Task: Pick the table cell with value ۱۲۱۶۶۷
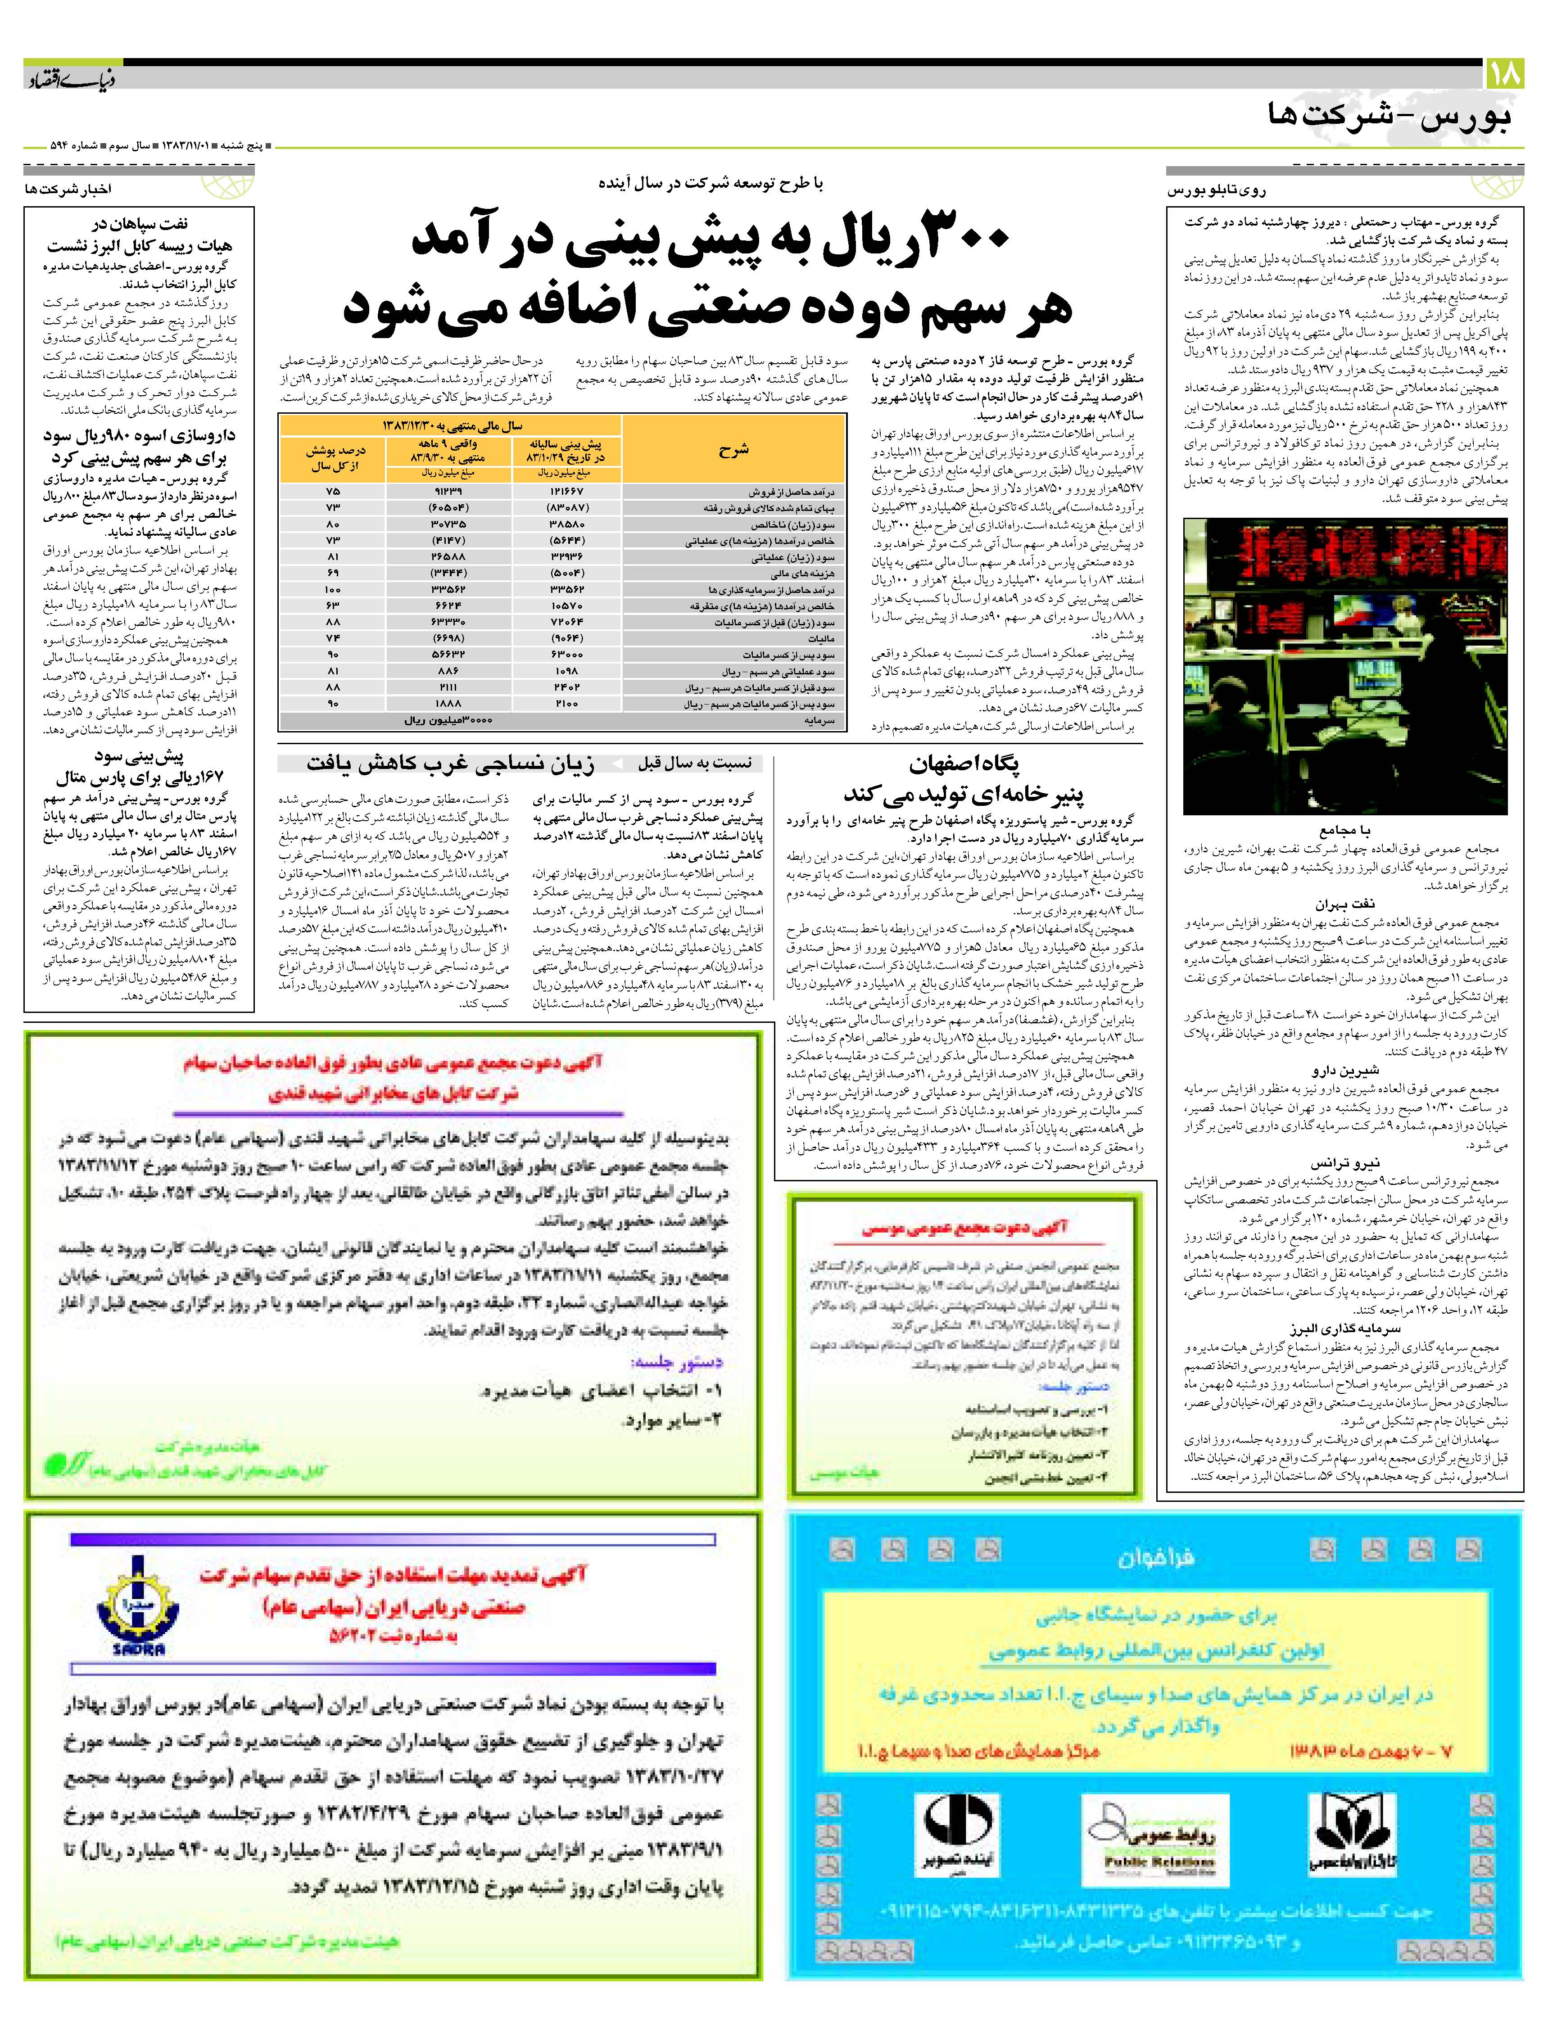566,491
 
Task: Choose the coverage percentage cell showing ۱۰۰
334,589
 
